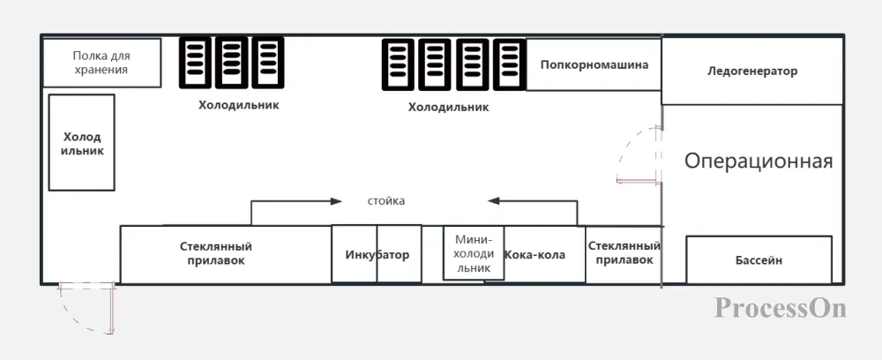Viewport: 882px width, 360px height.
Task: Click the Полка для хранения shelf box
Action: click(x=101, y=63)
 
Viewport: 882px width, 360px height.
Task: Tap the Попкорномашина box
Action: click(x=594, y=64)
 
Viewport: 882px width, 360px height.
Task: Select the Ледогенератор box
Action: click(x=752, y=71)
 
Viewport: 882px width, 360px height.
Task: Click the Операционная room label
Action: click(x=759, y=161)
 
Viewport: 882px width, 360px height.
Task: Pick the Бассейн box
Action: click(x=759, y=260)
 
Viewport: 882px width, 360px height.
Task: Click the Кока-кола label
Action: click(x=535, y=255)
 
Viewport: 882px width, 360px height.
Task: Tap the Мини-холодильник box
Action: click(x=474, y=252)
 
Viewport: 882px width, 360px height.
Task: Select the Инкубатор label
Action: click(x=377, y=255)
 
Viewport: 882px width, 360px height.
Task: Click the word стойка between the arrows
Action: click(x=386, y=201)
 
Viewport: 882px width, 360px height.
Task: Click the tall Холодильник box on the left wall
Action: click(x=81, y=142)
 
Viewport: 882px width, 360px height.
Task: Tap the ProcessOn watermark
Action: click(x=781, y=308)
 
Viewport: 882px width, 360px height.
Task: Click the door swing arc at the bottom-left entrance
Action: click(x=73, y=319)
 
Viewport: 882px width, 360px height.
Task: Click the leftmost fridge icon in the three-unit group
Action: click(x=195, y=63)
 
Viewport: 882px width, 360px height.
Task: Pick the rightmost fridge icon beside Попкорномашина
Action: click(x=510, y=64)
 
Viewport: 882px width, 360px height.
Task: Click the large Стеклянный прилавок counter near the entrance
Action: click(x=226, y=254)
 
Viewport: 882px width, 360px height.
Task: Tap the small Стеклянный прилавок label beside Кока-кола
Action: click(x=624, y=253)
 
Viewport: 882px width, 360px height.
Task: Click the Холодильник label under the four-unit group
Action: click(x=449, y=107)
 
